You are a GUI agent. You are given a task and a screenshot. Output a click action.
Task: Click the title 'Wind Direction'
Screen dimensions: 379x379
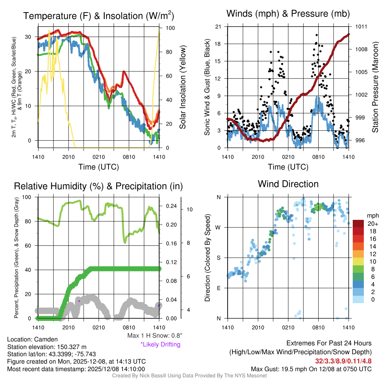pos(288,184)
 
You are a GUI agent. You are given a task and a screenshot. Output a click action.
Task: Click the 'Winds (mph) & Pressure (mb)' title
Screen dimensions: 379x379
pos(288,14)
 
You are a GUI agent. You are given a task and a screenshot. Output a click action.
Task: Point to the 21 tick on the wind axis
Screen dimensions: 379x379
pos(218,27)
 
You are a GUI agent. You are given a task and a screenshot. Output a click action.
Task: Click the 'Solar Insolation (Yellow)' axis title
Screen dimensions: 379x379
pos(182,87)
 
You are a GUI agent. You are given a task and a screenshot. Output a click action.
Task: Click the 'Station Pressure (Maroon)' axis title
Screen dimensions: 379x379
pos(375,87)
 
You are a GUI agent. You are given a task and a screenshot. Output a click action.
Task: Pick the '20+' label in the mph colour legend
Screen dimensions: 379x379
pos(372,224)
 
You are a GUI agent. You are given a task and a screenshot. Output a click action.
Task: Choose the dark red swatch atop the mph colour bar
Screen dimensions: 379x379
pos(358,224)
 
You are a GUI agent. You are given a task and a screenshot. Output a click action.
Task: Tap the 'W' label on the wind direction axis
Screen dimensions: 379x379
pos(218,227)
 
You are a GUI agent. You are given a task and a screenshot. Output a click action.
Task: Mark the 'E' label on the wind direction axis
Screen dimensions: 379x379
pos(218,288)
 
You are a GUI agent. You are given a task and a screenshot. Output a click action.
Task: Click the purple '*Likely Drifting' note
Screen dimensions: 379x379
pos(160,344)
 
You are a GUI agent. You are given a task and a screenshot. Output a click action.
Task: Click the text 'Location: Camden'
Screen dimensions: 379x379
pos(32,339)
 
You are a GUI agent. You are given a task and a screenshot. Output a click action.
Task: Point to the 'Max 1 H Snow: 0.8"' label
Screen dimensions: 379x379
pos(154,336)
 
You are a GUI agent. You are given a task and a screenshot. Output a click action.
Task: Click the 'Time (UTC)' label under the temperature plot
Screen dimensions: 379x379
pos(98,167)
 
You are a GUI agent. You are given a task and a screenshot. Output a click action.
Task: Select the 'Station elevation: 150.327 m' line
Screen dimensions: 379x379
pos(47,347)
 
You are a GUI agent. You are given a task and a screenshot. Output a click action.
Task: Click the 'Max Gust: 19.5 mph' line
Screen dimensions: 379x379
pos(311,369)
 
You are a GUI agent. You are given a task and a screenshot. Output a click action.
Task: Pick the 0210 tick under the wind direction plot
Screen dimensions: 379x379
pos(288,327)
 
